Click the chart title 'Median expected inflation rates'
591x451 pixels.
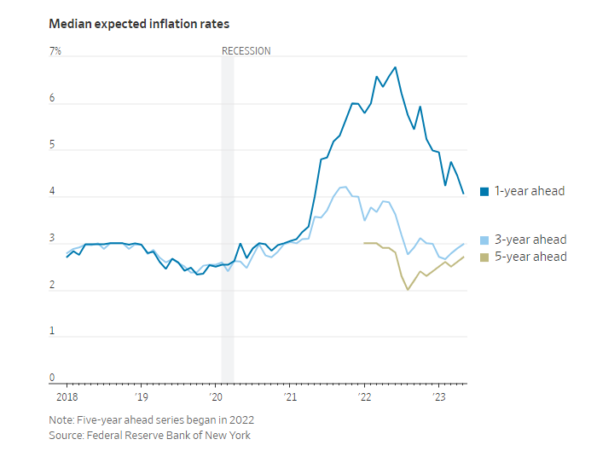[x=139, y=23]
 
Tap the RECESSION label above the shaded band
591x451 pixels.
[x=246, y=51]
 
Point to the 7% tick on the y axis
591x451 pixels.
[x=55, y=51]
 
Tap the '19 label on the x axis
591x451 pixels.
[x=142, y=397]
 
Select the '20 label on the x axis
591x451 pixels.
[x=216, y=397]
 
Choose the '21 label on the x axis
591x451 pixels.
[x=291, y=397]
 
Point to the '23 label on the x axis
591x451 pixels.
[x=440, y=397]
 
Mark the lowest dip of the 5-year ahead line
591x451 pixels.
[x=408, y=290]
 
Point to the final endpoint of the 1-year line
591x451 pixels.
[x=463, y=194]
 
